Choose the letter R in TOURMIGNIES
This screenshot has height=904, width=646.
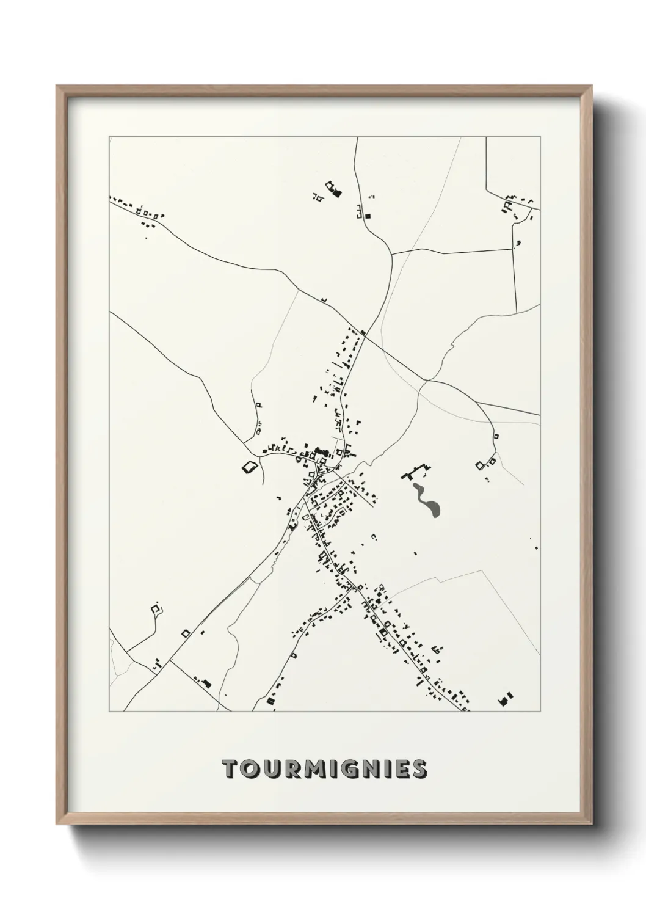click(x=288, y=770)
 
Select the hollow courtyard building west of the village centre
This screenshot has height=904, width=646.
click(x=248, y=467)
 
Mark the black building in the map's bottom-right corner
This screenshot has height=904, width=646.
click(x=506, y=699)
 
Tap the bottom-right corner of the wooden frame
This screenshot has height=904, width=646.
click(x=590, y=825)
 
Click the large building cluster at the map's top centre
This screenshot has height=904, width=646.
click(x=333, y=189)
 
